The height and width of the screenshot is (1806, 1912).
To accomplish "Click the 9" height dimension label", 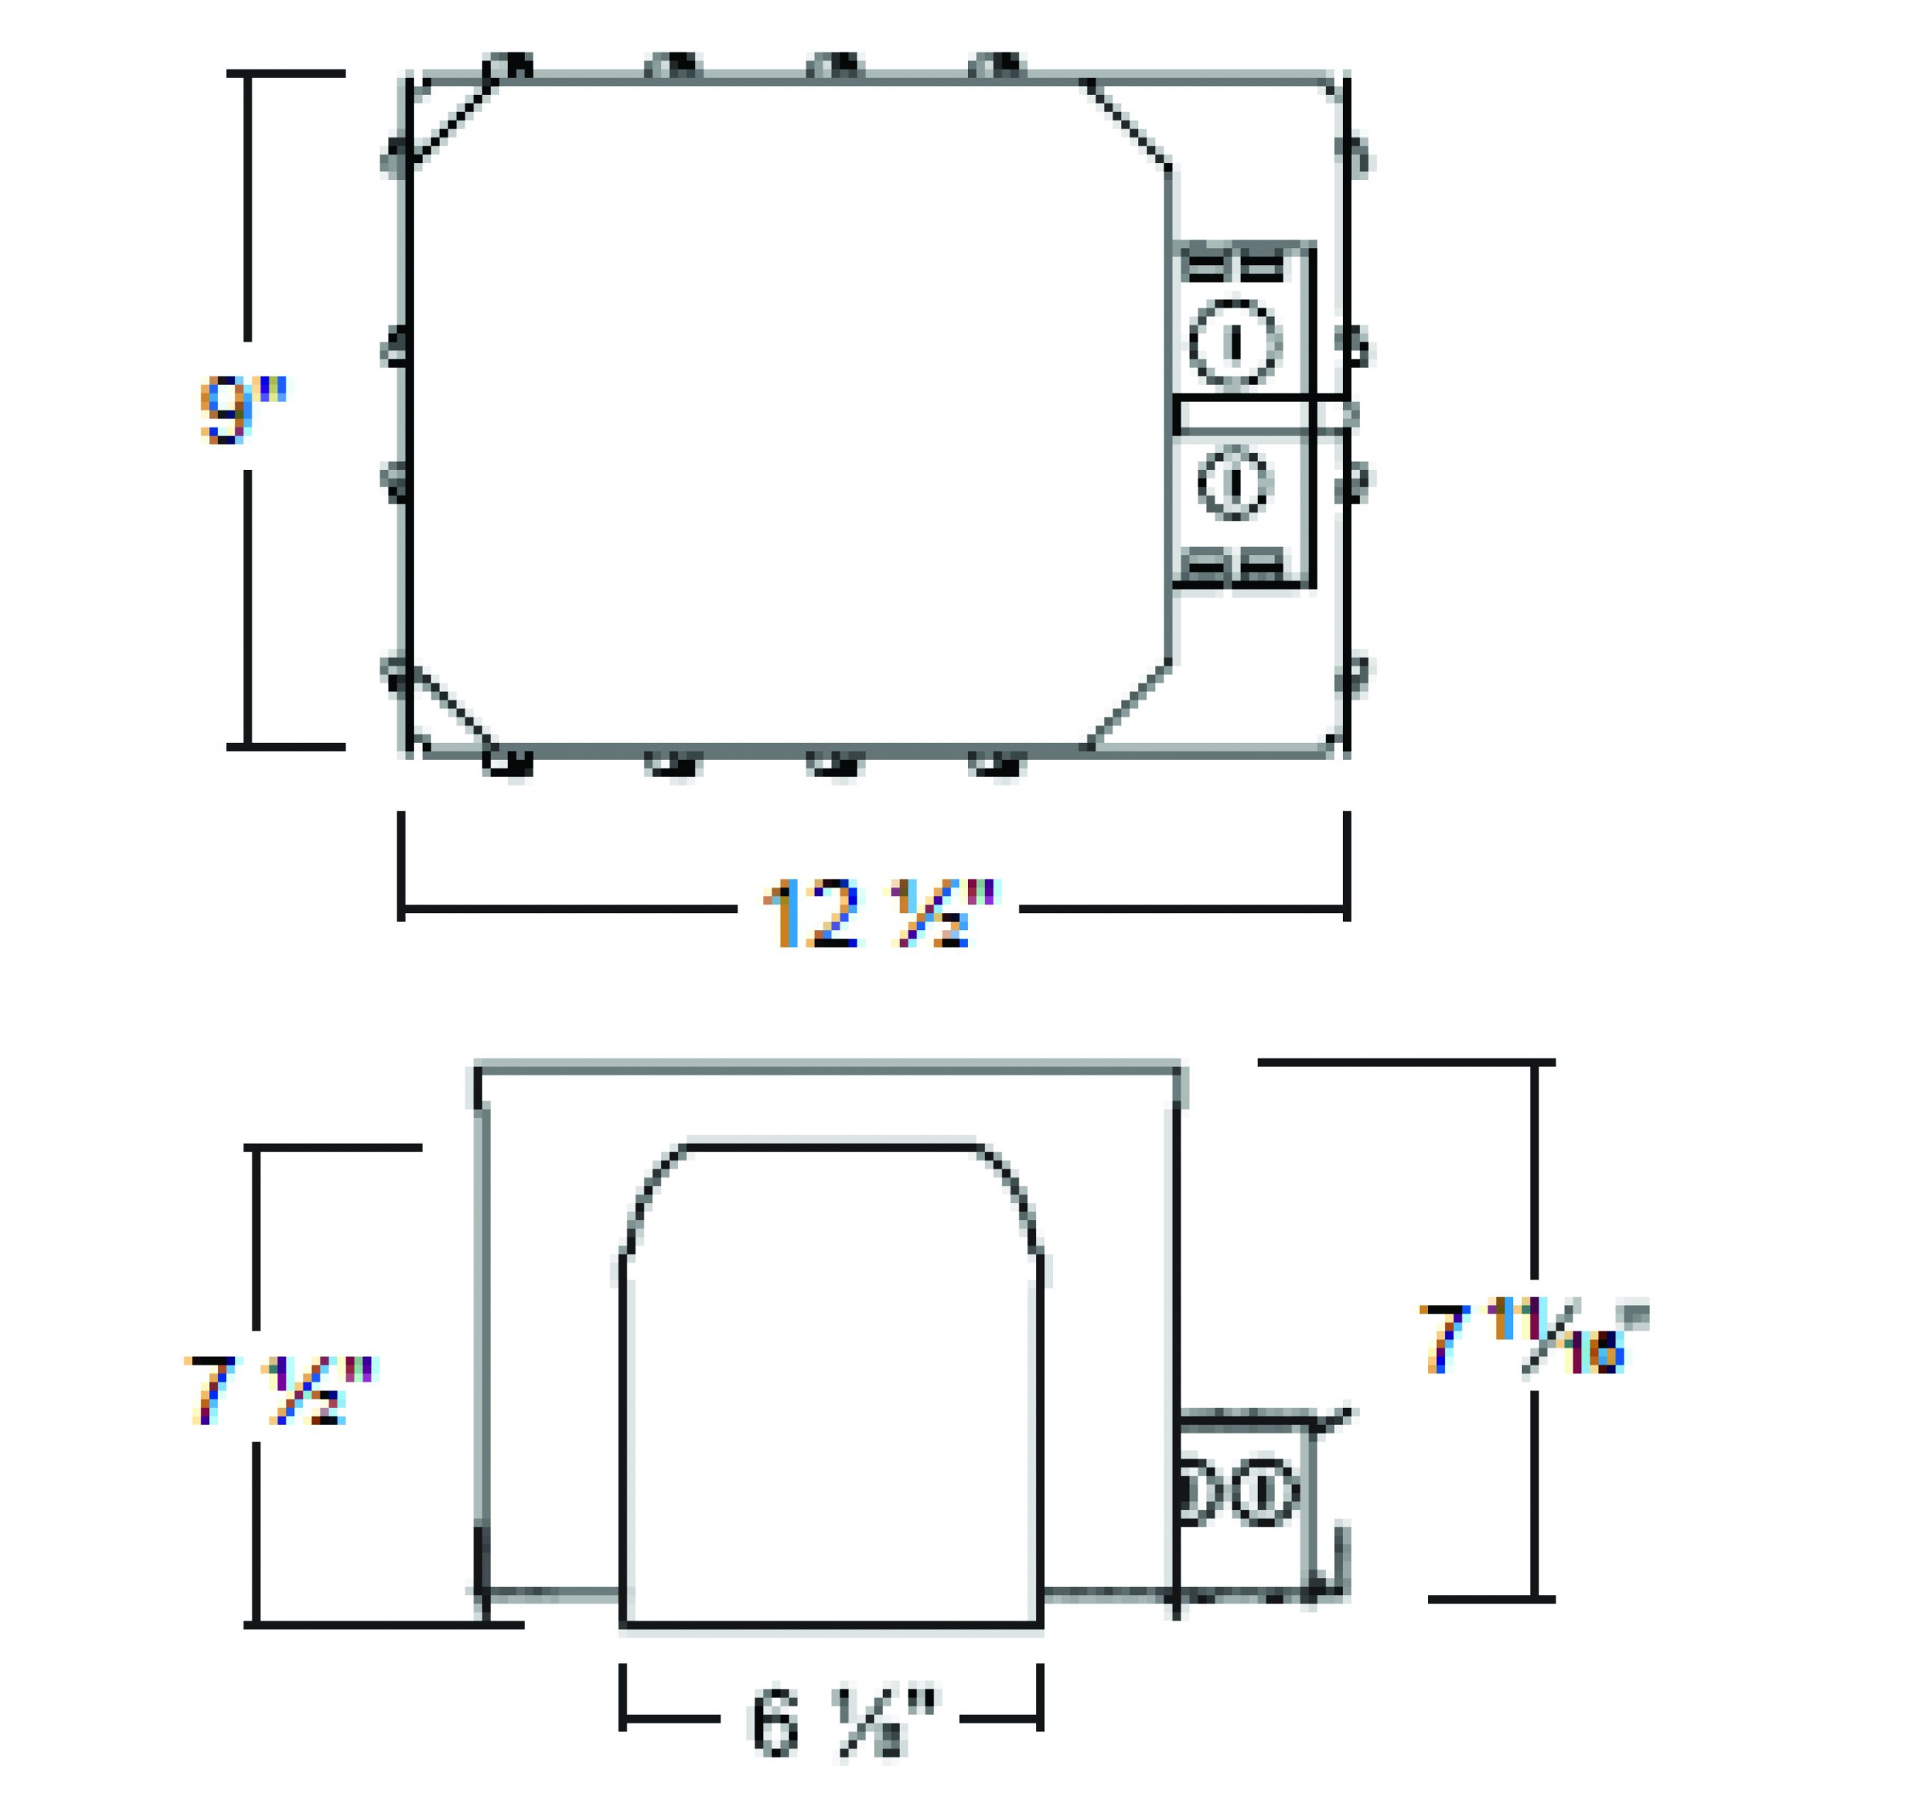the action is click(x=243, y=410).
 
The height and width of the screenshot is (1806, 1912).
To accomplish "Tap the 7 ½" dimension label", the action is click(x=280, y=1389).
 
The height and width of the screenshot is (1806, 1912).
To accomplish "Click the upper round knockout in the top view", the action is click(x=1235, y=341).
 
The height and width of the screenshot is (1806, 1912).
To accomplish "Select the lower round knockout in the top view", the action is click(x=1235, y=481).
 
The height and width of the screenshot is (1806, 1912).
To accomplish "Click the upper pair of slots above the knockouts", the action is click(x=1232, y=267).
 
